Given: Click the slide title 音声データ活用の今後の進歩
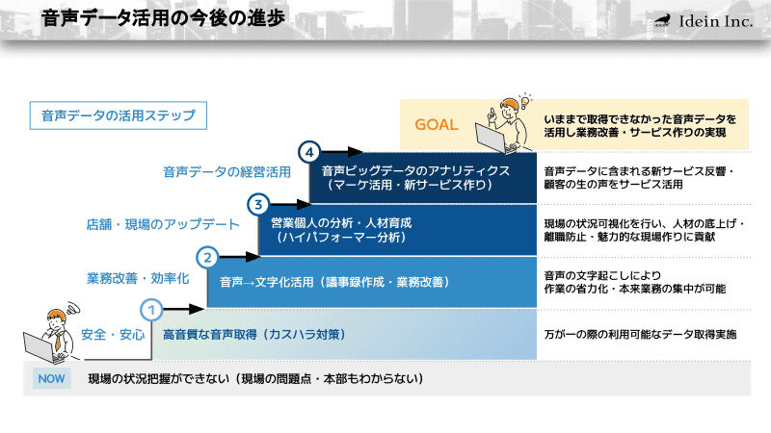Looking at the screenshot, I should click(163, 19).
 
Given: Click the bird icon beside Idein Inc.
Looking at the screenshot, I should click(662, 21).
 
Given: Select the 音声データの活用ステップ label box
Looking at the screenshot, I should click(119, 115).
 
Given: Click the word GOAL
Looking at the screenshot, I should click(437, 125).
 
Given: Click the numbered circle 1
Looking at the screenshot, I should click(151, 310).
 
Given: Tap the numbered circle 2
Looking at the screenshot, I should click(207, 257).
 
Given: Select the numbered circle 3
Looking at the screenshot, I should click(258, 204).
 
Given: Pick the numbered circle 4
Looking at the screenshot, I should click(308, 152).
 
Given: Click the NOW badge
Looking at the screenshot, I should click(51, 378).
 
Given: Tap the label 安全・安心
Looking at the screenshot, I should click(113, 335).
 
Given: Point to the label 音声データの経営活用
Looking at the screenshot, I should click(226, 172).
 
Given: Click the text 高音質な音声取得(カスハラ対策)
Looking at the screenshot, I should click(254, 335).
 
